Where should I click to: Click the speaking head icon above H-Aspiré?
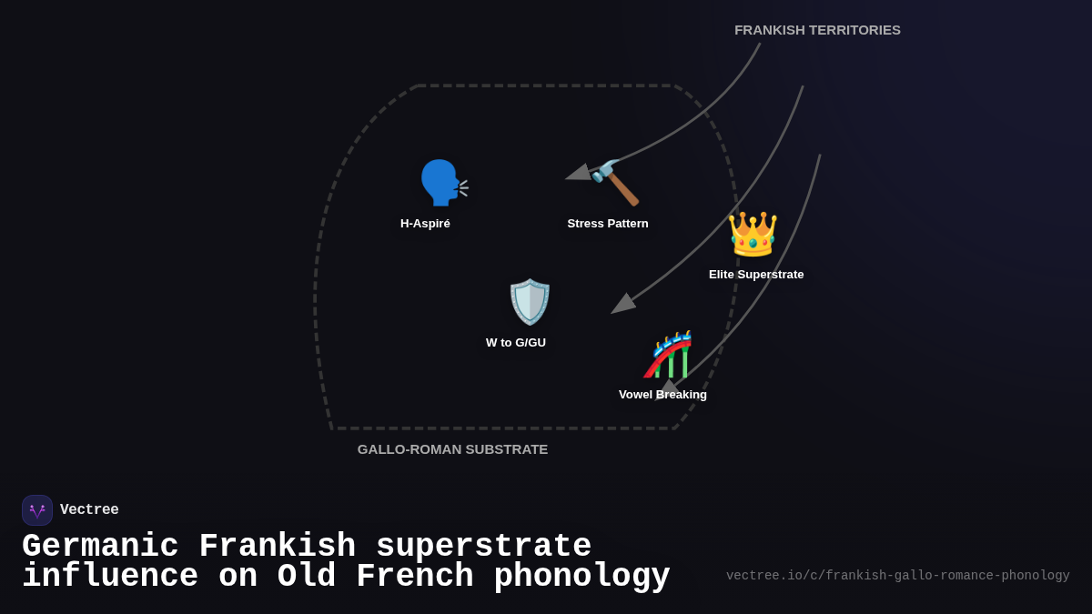click(x=441, y=183)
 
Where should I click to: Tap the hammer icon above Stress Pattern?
click(x=616, y=183)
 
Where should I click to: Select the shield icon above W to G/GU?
click(x=530, y=302)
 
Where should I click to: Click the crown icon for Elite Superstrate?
click(x=753, y=235)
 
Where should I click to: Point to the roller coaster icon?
click(x=669, y=354)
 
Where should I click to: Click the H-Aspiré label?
click(x=425, y=224)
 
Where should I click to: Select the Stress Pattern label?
click(x=608, y=224)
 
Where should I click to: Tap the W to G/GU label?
click(x=516, y=343)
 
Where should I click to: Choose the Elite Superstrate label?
click(x=756, y=275)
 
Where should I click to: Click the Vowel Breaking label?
click(x=662, y=395)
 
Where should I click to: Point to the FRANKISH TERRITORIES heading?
click(x=817, y=30)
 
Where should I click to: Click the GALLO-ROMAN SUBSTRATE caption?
click(x=452, y=449)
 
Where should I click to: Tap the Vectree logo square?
click(x=37, y=510)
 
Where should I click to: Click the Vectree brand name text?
click(x=89, y=510)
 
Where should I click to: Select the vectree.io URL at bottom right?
click(x=897, y=576)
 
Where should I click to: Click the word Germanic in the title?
click(x=100, y=547)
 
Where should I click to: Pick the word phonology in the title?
click(x=581, y=577)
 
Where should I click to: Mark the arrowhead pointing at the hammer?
click(x=579, y=173)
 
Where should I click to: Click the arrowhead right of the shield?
click(x=622, y=304)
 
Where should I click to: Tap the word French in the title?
click(x=414, y=577)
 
